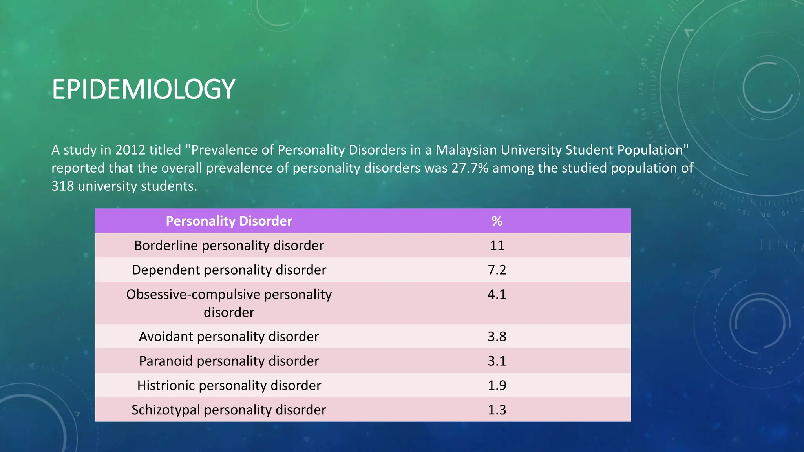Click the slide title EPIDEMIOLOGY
click(x=143, y=89)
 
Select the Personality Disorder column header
click(x=229, y=221)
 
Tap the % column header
click(x=497, y=221)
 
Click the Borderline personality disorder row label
click(x=229, y=246)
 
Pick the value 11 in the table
click(x=497, y=246)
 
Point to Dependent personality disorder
click(x=229, y=270)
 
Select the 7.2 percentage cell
click(x=497, y=270)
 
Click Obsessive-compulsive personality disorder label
click(x=229, y=303)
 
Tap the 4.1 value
click(x=497, y=294)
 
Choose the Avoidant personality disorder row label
click(x=229, y=337)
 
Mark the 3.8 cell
click(x=497, y=337)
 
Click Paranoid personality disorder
click(x=229, y=361)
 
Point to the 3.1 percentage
click(x=497, y=361)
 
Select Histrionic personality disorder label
click(x=229, y=385)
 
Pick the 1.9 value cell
click(x=497, y=385)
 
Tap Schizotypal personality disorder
click(x=229, y=410)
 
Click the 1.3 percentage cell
click(x=497, y=410)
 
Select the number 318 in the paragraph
click(x=63, y=186)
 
